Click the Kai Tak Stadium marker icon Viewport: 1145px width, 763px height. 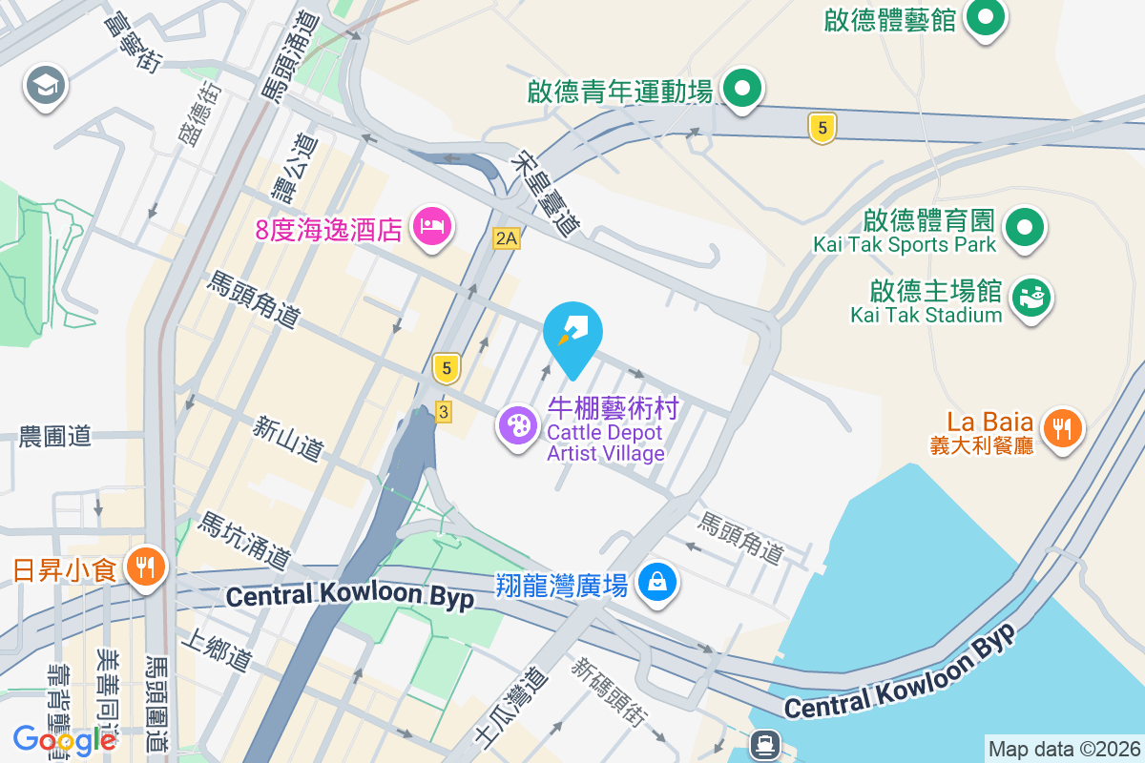[x=1030, y=299]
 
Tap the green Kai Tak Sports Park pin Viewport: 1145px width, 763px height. [x=1025, y=228]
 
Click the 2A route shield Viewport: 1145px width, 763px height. [x=507, y=238]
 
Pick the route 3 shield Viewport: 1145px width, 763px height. [x=444, y=411]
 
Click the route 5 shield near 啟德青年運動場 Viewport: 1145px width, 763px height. [x=822, y=127]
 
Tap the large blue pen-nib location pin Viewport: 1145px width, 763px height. [x=573, y=333]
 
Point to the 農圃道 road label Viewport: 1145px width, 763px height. [x=55, y=437]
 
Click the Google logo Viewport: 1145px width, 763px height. [x=64, y=739]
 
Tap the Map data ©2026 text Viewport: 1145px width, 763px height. [x=1063, y=749]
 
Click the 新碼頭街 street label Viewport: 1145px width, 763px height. [x=610, y=696]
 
